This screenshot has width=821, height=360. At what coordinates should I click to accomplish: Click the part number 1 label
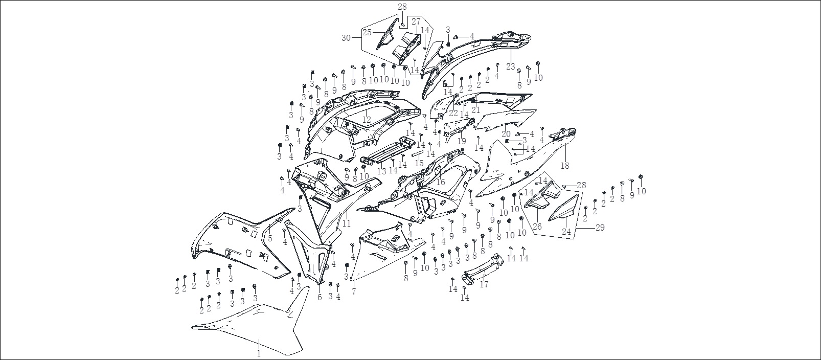[259, 354]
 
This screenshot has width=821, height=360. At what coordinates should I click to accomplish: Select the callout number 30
[346, 38]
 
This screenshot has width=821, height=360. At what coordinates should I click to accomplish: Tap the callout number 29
[600, 227]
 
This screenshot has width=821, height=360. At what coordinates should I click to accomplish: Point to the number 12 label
[367, 120]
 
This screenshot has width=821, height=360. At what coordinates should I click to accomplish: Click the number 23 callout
[511, 66]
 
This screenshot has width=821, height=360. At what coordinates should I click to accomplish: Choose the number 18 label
[565, 166]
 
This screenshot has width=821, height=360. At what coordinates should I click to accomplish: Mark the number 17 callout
[484, 284]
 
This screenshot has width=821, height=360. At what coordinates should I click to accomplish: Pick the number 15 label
[419, 163]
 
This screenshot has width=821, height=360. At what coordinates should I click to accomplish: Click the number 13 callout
[381, 171]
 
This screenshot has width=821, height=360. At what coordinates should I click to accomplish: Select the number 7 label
[354, 292]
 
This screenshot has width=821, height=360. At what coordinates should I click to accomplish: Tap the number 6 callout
[320, 297]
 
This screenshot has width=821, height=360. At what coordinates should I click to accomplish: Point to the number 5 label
[270, 239]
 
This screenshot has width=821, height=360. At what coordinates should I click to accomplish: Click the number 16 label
[441, 182]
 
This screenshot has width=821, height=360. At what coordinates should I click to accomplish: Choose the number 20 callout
[506, 134]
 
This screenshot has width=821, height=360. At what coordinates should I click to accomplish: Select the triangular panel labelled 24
[563, 208]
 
